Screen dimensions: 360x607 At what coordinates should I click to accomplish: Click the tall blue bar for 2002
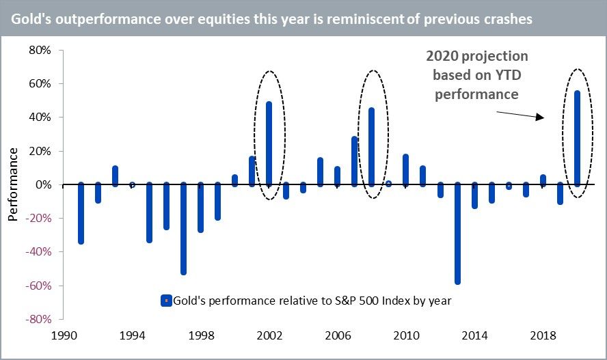coord(269,143)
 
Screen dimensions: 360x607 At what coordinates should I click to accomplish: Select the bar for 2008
coord(372,146)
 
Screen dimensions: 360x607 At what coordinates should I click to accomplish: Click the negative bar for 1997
coord(183,228)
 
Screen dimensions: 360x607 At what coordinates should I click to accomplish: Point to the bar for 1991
coord(81,213)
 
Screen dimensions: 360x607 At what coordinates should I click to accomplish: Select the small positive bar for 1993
coord(115,176)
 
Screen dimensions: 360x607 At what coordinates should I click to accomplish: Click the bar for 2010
coord(406,170)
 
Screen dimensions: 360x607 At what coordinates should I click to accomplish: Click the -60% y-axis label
coord(38,286)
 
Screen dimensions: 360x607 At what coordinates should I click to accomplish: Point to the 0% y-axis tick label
coord(42,185)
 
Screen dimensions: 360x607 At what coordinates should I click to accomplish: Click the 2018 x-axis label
coord(543,336)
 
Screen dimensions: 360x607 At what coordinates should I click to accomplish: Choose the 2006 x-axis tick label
coord(338,336)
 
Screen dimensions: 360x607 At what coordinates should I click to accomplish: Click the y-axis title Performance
coord(13,184)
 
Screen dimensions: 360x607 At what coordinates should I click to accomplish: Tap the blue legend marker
coord(164,300)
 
